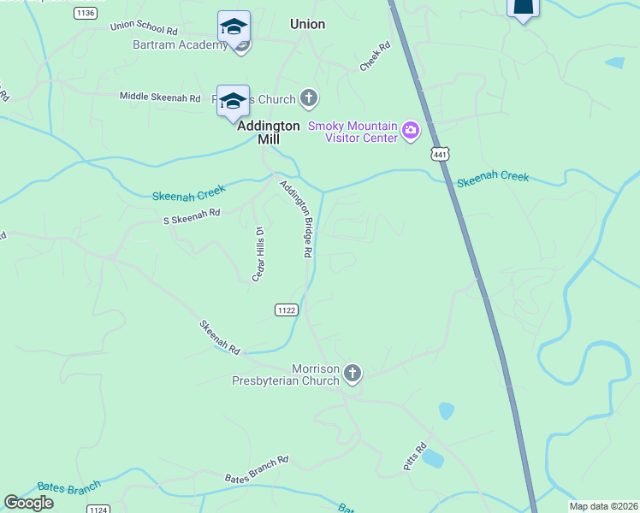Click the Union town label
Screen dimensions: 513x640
pyautogui.click(x=307, y=24)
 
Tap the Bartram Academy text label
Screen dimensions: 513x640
pyautogui.click(x=180, y=44)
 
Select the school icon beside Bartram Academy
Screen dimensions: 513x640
pyautogui.click(x=234, y=27)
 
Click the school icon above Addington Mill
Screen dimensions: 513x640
pyautogui.click(x=233, y=102)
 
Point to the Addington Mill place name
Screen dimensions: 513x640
pyautogui.click(x=269, y=132)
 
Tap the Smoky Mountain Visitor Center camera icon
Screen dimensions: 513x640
pyautogui.click(x=412, y=131)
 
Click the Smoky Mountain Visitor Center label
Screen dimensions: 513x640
pyautogui.click(x=353, y=131)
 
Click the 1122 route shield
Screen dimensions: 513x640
pyautogui.click(x=287, y=310)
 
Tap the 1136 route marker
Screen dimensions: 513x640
pyautogui.click(x=85, y=13)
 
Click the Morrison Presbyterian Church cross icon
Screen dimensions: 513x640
pyautogui.click(x=353, y=373)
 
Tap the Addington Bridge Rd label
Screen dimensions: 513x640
pyautogui.click(x=295, y=219)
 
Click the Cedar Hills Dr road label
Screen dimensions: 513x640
pyautogui.click(x=258, y=254)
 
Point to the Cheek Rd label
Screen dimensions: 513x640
pyautogui.click(x=375, y=58)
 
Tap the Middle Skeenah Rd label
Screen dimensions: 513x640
pyautogui.click(x=160, y=97)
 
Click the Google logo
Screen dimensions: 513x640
pyautogui.click(x=29, y=503)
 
